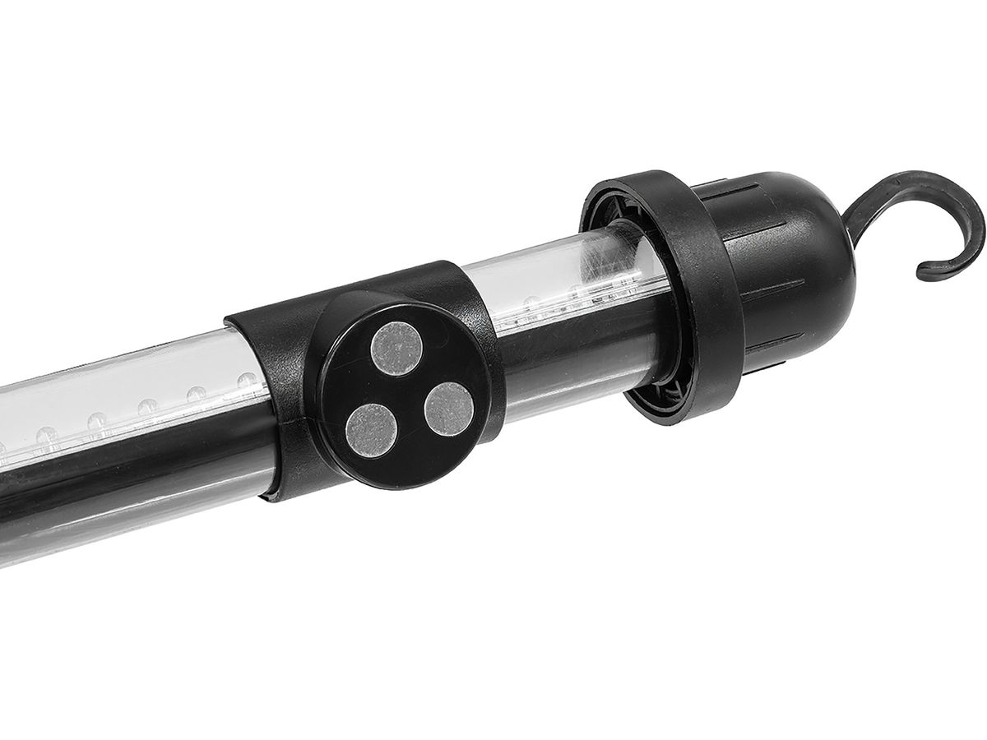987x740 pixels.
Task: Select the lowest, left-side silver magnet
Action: (x=370, y=428)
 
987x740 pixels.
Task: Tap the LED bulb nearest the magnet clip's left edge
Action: (x=246, y=382)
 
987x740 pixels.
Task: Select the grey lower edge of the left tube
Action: (x=123, y=526)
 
